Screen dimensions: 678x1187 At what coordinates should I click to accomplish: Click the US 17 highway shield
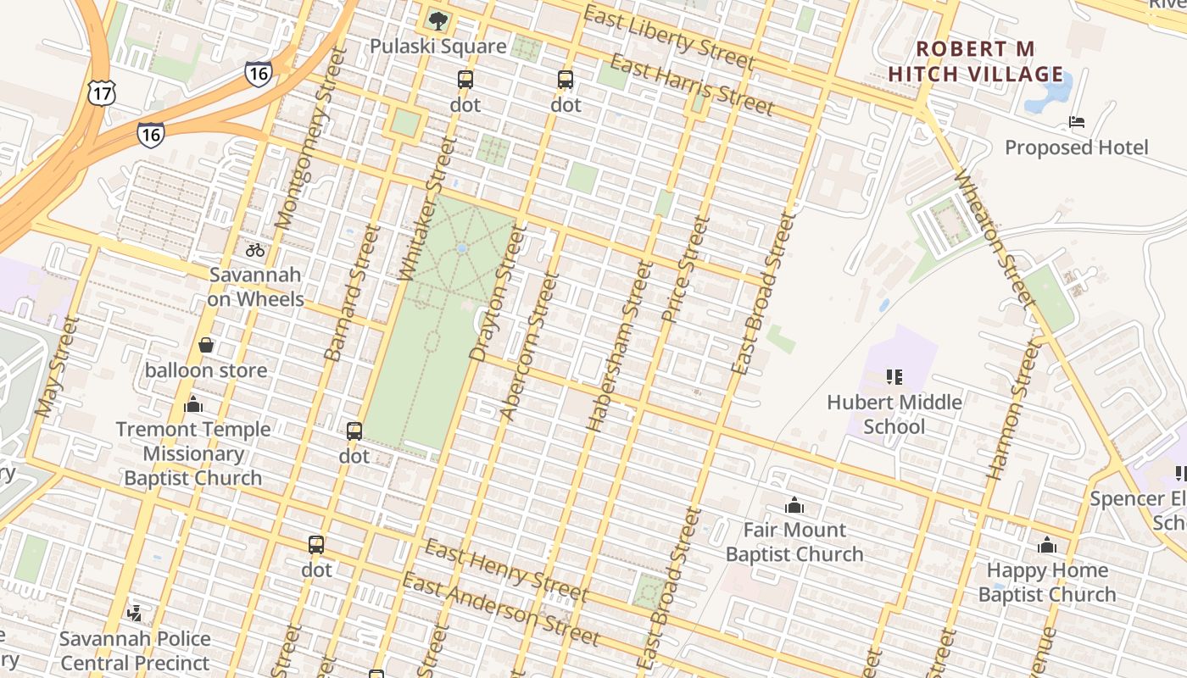[101, 93]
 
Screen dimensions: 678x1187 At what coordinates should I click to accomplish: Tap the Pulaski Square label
[437, 46]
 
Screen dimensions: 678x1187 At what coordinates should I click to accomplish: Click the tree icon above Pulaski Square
[437, 20]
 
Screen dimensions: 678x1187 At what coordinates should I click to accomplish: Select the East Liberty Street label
[669, 38]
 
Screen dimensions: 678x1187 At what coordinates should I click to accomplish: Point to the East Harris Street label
[692, 85]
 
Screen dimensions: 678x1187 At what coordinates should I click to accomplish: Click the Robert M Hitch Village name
[976, 61]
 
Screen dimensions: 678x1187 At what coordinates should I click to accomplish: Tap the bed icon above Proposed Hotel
[1077, 122]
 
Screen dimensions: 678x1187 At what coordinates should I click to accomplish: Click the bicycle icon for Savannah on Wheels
[255, 250]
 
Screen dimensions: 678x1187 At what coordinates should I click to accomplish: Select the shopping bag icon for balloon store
[205, 345]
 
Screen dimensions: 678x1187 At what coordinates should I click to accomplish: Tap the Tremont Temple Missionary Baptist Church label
[193, 453]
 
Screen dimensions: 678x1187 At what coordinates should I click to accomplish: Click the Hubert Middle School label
[894, 414]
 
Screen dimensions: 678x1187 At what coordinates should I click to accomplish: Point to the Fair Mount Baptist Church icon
[794, 505]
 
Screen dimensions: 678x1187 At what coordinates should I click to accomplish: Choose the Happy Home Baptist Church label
[1047, 582]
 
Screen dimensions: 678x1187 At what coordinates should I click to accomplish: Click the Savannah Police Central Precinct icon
[134, 613]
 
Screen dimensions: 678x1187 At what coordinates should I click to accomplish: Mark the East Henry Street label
[506, 569]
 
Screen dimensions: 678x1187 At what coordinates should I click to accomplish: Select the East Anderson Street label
[501, 609]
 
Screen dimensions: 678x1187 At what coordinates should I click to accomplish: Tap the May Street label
[57, 366]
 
